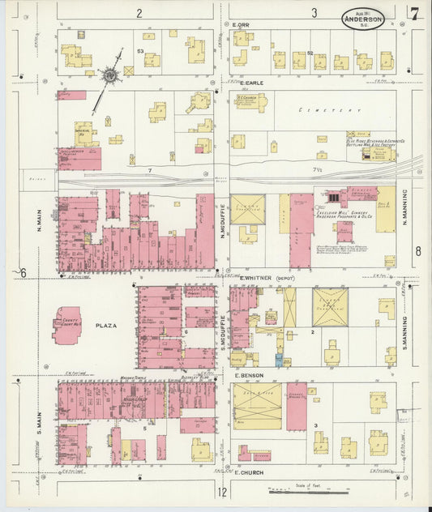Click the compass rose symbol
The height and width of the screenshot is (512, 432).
point(108,75)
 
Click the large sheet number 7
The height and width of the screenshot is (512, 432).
point(414,13)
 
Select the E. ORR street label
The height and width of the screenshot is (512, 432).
point(240,25)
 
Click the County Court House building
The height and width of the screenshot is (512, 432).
point(66,325)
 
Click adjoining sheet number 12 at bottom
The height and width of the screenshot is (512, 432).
point(221,492)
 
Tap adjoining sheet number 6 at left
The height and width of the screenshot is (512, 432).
point(24,272)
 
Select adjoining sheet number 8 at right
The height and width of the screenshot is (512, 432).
point(418,251)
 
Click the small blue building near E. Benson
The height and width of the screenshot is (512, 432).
point(278,360)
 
